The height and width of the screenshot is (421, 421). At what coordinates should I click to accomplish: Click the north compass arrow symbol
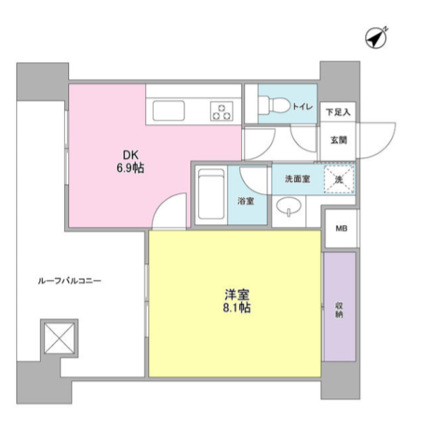[376, 38]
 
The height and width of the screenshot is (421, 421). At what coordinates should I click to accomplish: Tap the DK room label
[130, 155]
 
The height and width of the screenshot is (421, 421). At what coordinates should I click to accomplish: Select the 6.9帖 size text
[130, 169]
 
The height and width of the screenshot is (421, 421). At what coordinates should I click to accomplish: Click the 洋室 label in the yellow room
[237, 295]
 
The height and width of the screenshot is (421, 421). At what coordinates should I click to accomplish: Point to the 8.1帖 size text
[237, 307]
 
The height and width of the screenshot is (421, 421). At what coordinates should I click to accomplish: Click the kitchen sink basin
[169, 111]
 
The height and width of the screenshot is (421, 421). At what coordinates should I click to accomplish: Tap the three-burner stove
[221, 111]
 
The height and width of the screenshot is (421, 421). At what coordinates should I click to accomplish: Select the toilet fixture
[274, 104]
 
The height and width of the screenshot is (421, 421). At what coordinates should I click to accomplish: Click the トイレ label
[303, 107]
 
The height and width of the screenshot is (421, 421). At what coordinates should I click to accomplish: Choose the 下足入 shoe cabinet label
[338, 112]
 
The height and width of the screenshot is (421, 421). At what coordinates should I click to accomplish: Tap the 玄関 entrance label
[338, 140]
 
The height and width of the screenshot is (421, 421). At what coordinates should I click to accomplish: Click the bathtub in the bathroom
[211, 194]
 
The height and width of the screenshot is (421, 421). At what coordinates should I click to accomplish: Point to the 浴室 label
[245, 201]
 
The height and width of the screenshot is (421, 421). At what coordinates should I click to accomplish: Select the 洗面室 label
[298, 179]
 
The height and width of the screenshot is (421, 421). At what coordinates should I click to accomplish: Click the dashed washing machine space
[339, 179]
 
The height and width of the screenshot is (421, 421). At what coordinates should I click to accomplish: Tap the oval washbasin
[289, 206]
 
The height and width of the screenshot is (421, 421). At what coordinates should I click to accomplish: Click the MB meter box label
[341, 228]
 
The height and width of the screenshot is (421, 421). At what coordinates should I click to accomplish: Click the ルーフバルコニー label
[70, 281]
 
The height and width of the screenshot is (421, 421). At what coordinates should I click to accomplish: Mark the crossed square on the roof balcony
[59, 338]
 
